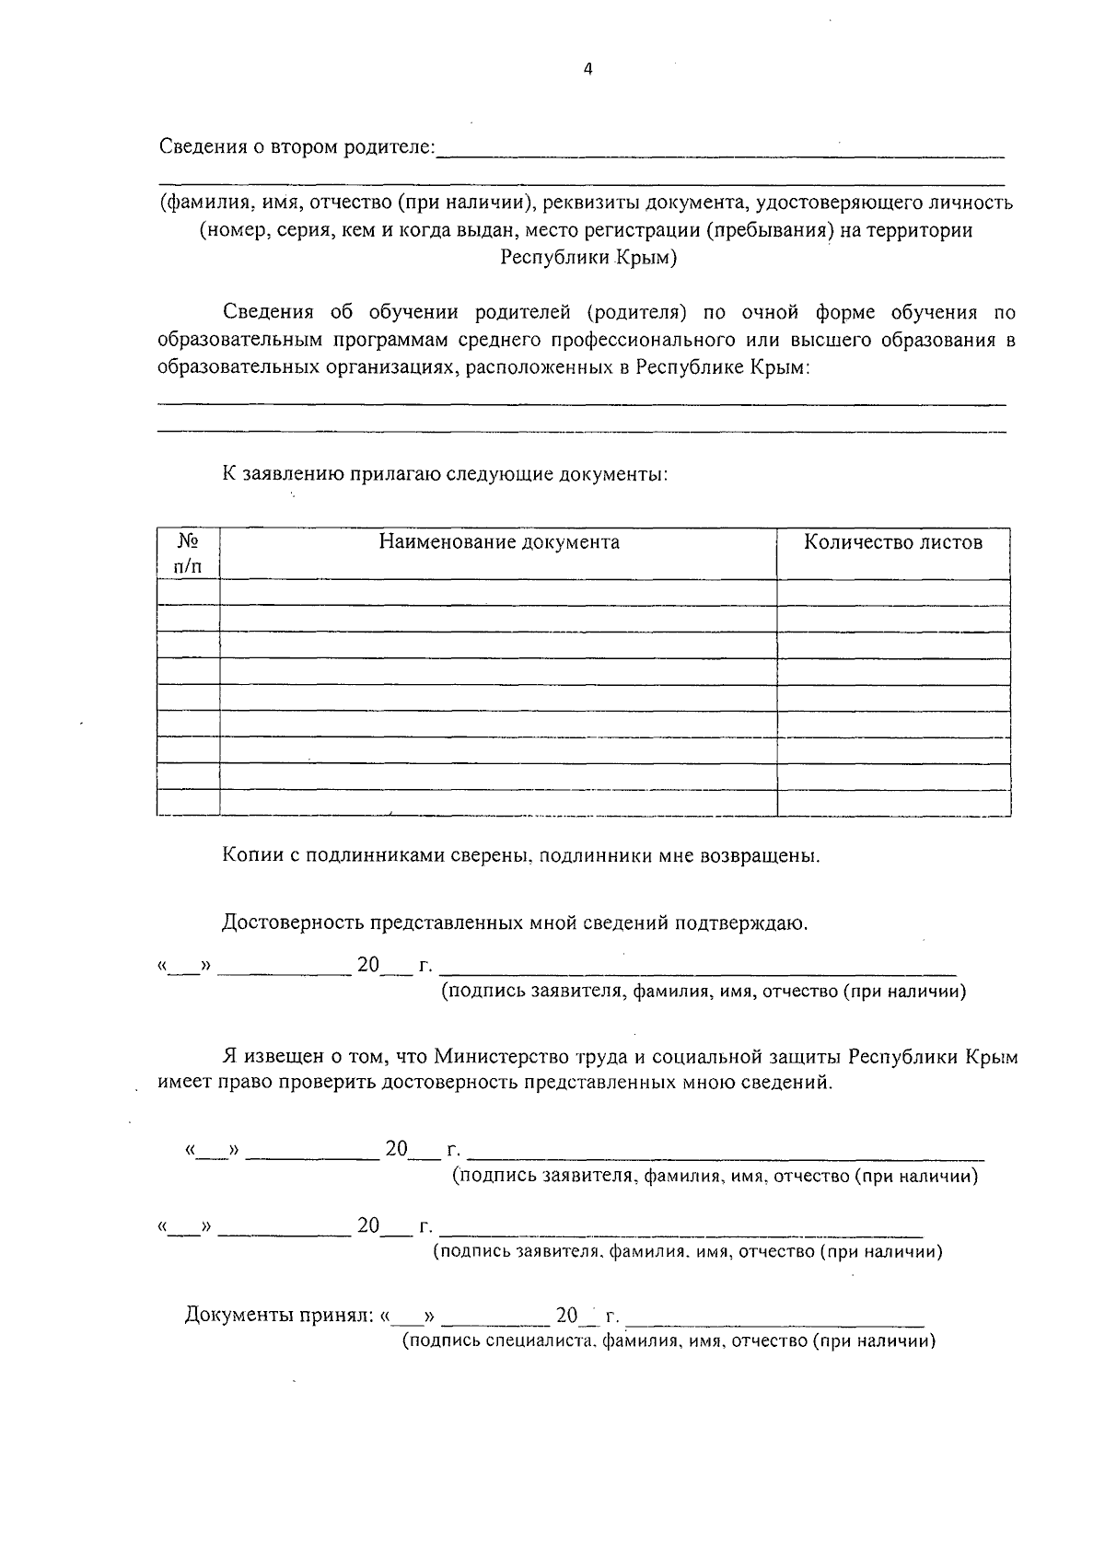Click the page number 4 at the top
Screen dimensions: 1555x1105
coord(588,69)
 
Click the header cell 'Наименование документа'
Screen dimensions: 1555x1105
coord(499,542)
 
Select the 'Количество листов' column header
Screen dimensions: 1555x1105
coord(892,542)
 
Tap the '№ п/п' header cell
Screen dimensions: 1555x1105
coord(188,553)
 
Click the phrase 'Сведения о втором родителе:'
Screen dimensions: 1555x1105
coord(297,147)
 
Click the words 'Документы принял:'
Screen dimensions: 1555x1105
coord(277,1315)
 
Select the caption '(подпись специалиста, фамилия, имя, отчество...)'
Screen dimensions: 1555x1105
coord(669,1341)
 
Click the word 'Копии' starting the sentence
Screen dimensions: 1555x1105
coord(251,856)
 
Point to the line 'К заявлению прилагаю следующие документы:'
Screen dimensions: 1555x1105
coord(445,475)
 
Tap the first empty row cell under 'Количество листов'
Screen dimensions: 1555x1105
coord(892,592)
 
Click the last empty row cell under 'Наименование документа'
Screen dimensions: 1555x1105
coord(498,803)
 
